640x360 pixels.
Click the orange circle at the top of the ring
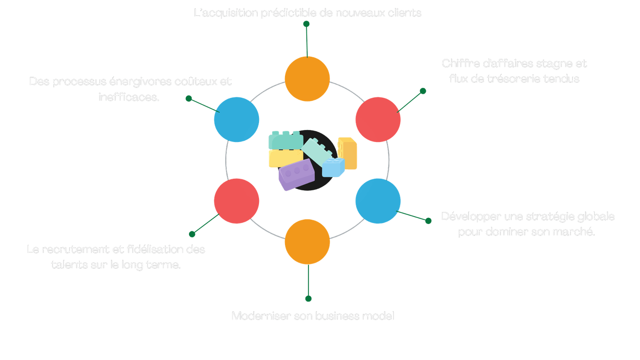coord(307,79)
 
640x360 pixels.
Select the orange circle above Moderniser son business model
coord(307,241)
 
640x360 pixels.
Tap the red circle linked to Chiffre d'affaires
coord(378,120)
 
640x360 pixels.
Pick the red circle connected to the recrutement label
coord(236,201)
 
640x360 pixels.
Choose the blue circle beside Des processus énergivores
coord(236,119)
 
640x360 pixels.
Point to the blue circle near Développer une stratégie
coord(378,201)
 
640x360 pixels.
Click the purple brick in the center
coord(296,174)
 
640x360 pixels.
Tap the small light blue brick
coord(333,167)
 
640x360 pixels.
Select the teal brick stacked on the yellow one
coord(285,140)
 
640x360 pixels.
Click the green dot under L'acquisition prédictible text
coord(306,24)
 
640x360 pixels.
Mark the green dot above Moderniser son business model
coord(308,299)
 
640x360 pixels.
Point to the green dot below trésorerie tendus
coord(423,91)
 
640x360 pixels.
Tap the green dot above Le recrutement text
coord(192,234)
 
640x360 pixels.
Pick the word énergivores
coord(140,81)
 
